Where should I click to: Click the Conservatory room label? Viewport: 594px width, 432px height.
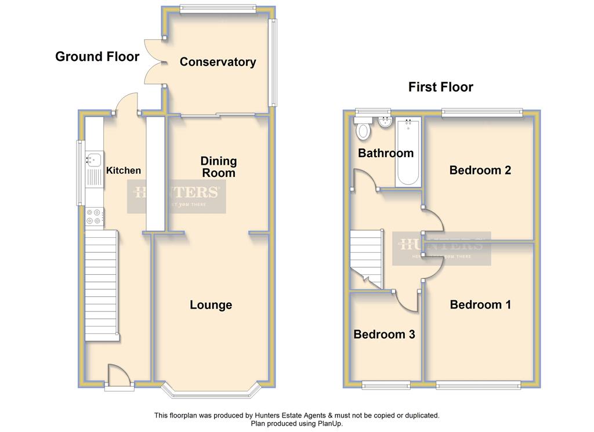tap(218, 61)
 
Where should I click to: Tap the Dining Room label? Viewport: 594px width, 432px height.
tap(219, 167)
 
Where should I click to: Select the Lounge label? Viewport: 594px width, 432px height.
tap(211, 305)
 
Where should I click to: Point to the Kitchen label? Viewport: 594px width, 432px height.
tap(124, 170)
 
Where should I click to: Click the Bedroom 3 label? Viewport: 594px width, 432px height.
tap(384, 335)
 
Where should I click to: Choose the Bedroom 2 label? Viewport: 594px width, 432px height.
tap(480, 170)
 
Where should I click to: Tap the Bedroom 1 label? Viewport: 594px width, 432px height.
tap(480, 304)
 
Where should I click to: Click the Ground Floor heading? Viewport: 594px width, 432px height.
tap(97, 56)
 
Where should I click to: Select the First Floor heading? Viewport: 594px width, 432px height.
tap(441, 87)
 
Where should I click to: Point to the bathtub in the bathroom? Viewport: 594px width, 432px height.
tap(408, 152)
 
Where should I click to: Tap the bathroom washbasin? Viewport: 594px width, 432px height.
tap(386, 122)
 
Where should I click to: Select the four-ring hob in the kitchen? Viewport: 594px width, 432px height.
tap(94, 217)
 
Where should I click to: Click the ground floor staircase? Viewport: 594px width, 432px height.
tap(101, 286)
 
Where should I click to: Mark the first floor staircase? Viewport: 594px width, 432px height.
tap(366, 260)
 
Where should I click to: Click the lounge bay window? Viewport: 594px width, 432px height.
tap(211, 391)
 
